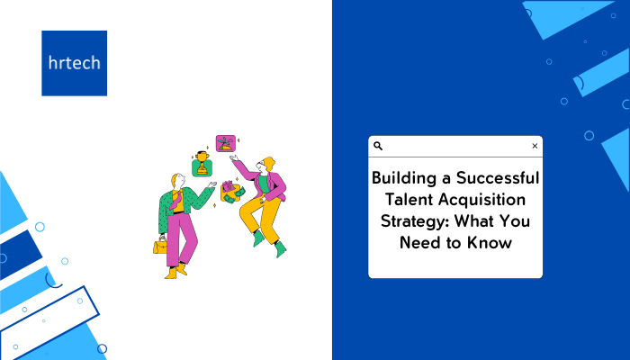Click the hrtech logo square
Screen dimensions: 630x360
tap(75, 63)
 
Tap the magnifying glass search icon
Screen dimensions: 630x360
tap(378, 146)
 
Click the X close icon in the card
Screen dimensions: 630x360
tap(535, 146)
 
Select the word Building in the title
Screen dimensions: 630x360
tap(404, 178)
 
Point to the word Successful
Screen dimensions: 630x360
tap(498, 177)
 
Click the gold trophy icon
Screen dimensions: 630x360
tap(202, 164)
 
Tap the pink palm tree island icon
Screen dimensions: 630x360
tap(226, 143)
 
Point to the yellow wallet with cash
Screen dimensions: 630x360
tap(232, 192)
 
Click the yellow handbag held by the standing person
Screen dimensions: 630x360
tap(160, 245)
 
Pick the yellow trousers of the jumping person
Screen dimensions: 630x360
tap(260, 216)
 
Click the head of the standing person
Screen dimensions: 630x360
tap(178, 181)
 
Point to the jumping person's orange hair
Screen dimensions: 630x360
tap(268, 163)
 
